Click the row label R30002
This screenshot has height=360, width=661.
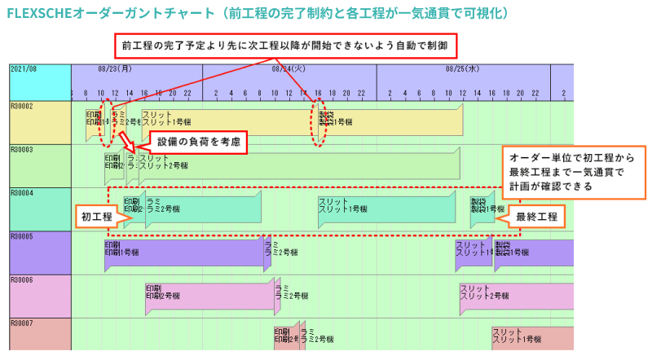coord(22,107)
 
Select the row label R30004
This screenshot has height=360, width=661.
coord(22,194)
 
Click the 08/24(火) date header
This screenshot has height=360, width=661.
coord(289,70)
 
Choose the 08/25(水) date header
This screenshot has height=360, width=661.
coord(462,70)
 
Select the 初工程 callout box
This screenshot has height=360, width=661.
coord(95,217)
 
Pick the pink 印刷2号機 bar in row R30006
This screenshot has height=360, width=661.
coord(209,294)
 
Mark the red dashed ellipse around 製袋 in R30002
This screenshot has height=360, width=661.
coord(319,124)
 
